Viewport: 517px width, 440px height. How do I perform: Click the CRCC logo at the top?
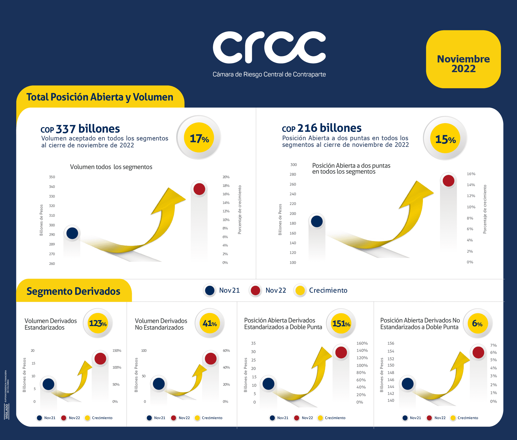(269, 48)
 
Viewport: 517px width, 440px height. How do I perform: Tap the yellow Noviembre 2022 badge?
(463, 59)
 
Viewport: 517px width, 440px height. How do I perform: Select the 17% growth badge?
(199, 138)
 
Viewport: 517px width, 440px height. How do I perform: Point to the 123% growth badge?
(98, 323)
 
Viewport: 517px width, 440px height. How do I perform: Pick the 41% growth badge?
(210, 323)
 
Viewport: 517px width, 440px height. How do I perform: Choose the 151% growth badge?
(341, 323)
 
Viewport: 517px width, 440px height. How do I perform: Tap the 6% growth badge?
(477, 323)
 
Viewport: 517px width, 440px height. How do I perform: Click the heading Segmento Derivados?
(73, 291)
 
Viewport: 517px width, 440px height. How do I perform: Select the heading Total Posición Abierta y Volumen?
(100, 97)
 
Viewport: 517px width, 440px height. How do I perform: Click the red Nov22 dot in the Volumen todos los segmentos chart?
(199, 189)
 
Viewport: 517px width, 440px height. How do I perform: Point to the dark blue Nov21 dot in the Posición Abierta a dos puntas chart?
(317, 221)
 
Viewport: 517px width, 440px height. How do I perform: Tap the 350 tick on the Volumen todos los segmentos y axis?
(52, 177)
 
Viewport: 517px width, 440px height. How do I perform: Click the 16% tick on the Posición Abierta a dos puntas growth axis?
(471, 174)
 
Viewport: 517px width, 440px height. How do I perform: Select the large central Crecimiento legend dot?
(300, 290)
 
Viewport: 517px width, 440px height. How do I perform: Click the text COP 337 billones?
(80, 129)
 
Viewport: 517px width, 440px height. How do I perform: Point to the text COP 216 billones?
(322, 128)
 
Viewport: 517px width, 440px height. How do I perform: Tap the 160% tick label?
(362, 343)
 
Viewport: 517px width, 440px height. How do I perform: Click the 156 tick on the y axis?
(391, 343)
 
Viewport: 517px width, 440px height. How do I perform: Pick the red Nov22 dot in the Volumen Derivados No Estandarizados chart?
(211, 359)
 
